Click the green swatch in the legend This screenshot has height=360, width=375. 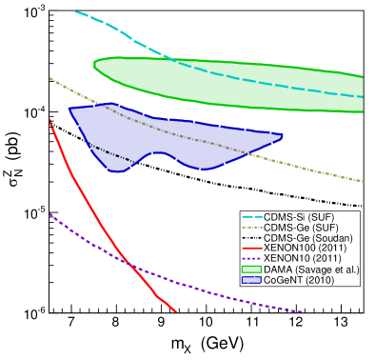[x=252, y=270]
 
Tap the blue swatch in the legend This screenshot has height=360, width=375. [x=252, y=280]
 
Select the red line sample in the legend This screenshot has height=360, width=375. [x=252, y=248]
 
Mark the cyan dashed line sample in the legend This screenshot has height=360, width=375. [x=252, y=216]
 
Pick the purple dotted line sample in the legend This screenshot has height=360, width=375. [x=252, y=258]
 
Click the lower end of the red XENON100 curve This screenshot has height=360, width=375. [x=175, y=310]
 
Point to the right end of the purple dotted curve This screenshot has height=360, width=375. [x=303, y=311]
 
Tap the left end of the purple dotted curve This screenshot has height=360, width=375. [x=50, y=213]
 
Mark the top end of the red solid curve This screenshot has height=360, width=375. [x=50, y=122]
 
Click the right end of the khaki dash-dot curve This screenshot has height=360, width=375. [x=363, y=181]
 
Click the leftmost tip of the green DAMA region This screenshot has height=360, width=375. [x=93, y=66]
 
